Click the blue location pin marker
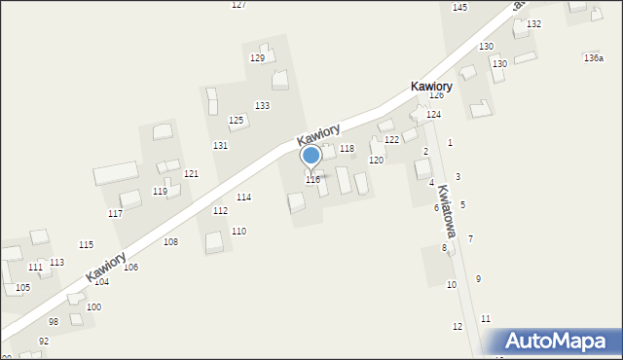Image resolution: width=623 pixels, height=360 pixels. pyautogui.click(x=311, y=157)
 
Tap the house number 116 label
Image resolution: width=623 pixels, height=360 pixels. pyautogui.click(x=312, y=180)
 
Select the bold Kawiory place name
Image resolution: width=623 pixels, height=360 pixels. pyautogui.click(x=430, y=87)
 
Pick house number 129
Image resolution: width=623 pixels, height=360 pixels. pyautogui.click(x=257, y=58)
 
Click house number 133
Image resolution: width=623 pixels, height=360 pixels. pyautogui.click(x=262, y=105)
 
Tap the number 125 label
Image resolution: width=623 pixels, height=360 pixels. pyautogui.click(x=236, y=120)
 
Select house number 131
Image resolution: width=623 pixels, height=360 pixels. pyautogui.click(x=221, y=145)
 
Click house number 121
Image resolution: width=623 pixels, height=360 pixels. pyautogui.click(x=192, y=173)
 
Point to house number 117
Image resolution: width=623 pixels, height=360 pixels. pyautogui.click(x=115, y=213)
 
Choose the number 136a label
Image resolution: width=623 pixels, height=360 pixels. pyautogui.click(x=593, y=58)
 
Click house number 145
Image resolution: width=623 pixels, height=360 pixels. pyautogui.click(x=459, y=7)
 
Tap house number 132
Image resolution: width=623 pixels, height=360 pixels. pyautogui.click(x=533, y=23)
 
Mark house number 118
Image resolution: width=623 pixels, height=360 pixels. pyautogui.click(x=347, y=149)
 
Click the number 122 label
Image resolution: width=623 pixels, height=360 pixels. pyautogui.click(x=391, y=140)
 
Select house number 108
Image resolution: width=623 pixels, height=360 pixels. pyautogui.click(x=170, y=241)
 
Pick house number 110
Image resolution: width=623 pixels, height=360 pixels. pyautogui.click(x=238, y=231)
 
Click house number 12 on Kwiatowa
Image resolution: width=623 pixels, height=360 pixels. pyautogui.click(x=458, y=326)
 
